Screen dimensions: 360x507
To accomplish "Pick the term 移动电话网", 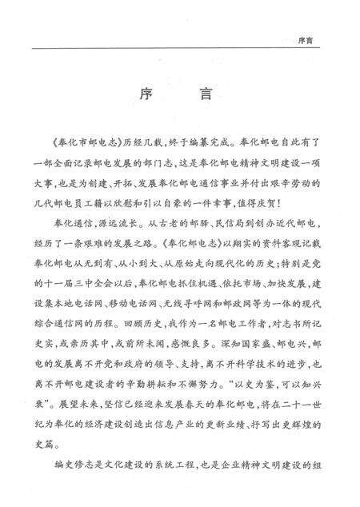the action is pyautogui.click(x=140, y=305).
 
